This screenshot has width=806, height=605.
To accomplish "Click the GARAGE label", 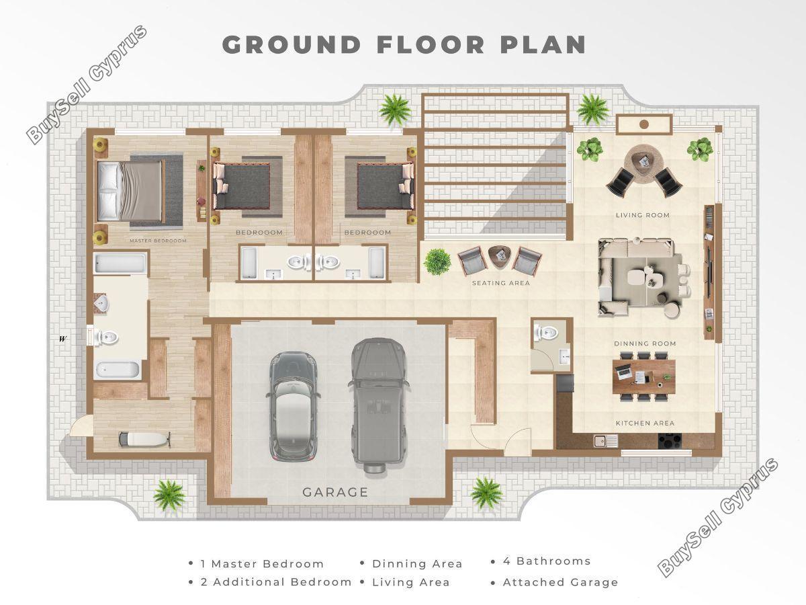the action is [335, 492].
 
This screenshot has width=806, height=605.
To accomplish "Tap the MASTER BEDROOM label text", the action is [158, 241].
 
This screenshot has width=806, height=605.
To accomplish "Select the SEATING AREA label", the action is [501, 283].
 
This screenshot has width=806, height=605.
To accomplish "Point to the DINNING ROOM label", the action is [645, 344].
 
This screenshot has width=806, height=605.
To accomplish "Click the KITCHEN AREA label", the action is [645, 424].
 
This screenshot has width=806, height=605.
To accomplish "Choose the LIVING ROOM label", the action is [643, 215].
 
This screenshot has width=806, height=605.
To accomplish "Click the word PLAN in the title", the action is [543, 45].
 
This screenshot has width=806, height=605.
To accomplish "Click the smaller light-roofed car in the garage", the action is [293, 406].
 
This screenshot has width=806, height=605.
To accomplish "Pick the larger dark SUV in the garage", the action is [378, 406].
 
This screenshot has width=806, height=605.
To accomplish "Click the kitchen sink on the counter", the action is [606, 441].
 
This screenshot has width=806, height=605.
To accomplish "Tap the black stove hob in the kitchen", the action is [670, 440].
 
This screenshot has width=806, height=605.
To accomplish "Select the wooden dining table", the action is [643, 376].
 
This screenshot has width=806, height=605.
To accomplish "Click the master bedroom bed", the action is [130, 192].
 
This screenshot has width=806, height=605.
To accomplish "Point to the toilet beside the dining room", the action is [546, 333].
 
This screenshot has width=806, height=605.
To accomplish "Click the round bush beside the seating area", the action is [437, 262].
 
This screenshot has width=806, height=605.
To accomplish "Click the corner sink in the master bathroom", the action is [100, 304].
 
